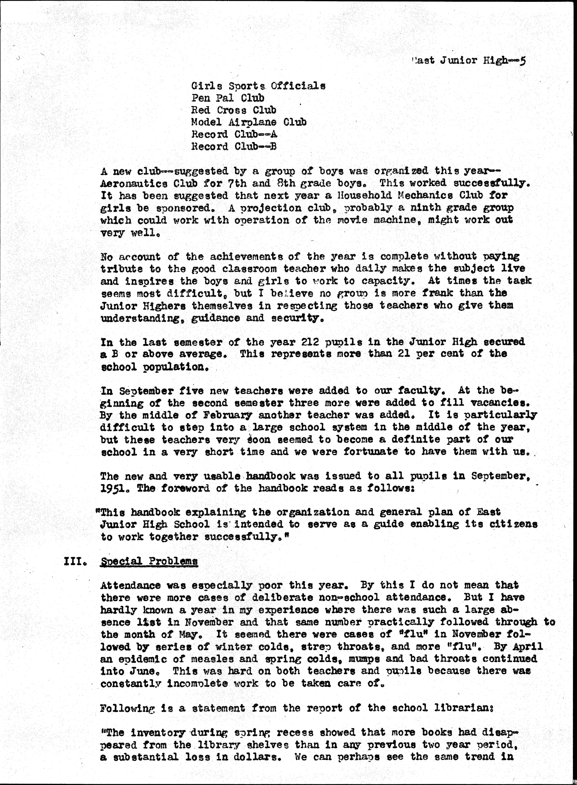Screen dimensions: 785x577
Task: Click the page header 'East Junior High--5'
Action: (x=468, y=60)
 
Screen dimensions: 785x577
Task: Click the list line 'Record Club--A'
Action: (x=234, y=134)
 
